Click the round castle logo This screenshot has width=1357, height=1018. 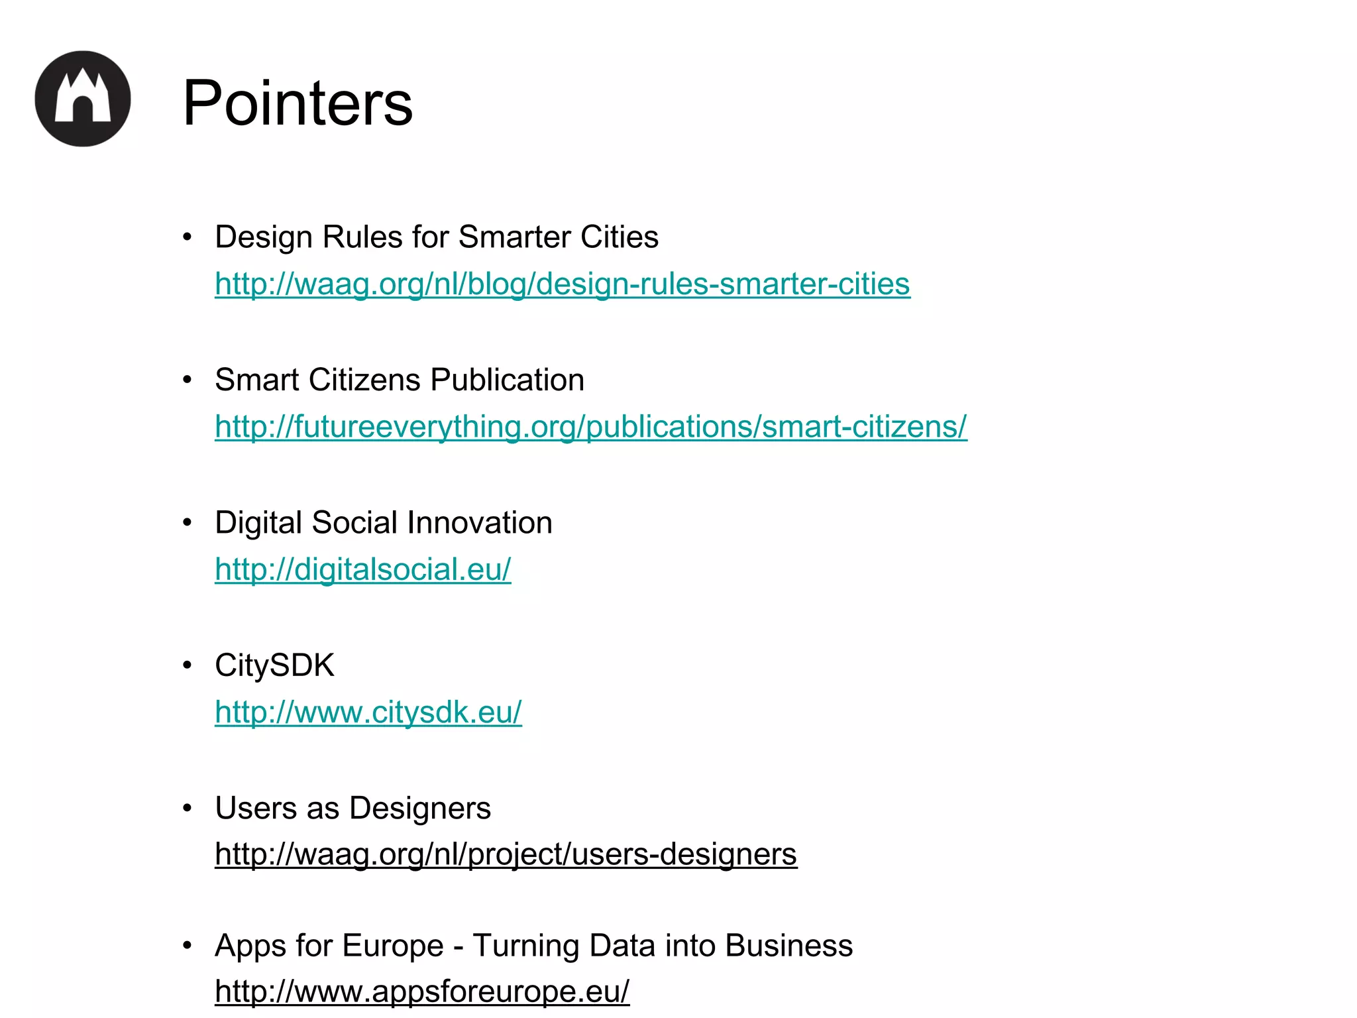click(83, 99)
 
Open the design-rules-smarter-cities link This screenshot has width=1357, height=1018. click(562, 284)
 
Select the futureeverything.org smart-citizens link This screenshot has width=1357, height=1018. click(590, 426)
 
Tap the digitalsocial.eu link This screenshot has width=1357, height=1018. click(362, 569)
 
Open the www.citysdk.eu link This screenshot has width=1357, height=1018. click(368, 712)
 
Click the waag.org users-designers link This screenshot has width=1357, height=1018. click(506, 854)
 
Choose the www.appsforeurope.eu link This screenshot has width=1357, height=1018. click(422, 991)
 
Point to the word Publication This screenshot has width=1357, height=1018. click(507, 380)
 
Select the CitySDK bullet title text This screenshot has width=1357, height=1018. click(274, 665)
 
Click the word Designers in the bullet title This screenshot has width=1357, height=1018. click(419, 808)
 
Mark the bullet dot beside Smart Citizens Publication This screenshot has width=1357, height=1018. click(188, 380)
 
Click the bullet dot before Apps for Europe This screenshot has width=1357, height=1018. click(188, 945)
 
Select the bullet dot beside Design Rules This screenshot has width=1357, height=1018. click(188, 237)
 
